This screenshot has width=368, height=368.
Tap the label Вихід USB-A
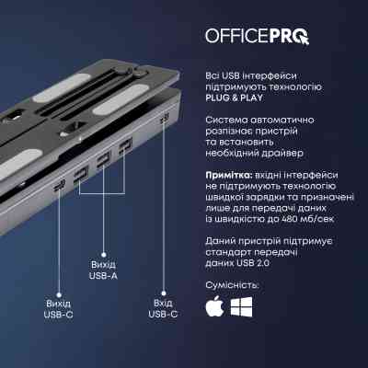[102, 273]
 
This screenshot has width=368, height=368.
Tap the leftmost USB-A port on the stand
[80, 173]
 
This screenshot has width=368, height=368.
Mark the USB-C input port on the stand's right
[164, 121]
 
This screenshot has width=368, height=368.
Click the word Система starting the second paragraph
[224, 120]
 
